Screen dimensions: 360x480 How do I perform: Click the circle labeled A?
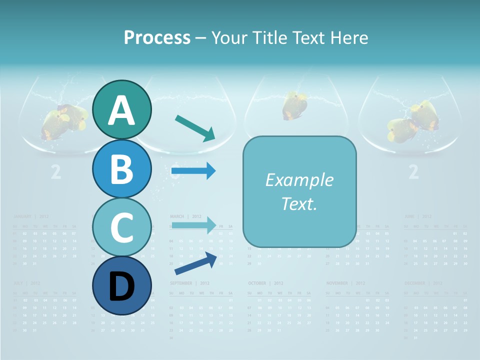(x=121, y=109)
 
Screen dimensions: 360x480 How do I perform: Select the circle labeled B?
(x=121, y=168)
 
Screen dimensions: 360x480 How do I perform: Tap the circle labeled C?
(x=121, y=227)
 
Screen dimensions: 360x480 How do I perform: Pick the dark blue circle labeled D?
(x=121, y=285)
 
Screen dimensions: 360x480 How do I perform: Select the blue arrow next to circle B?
(x=193, y=171)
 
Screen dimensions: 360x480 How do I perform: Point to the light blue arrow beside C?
(x=193, y=225)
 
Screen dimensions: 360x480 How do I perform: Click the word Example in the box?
(x=299, y=180)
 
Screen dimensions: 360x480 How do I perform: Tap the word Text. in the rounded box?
(x=299, y=203)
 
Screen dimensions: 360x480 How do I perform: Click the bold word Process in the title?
(x=157, y=37)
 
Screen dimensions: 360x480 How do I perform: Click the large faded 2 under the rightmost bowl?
(x=413, y=172)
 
